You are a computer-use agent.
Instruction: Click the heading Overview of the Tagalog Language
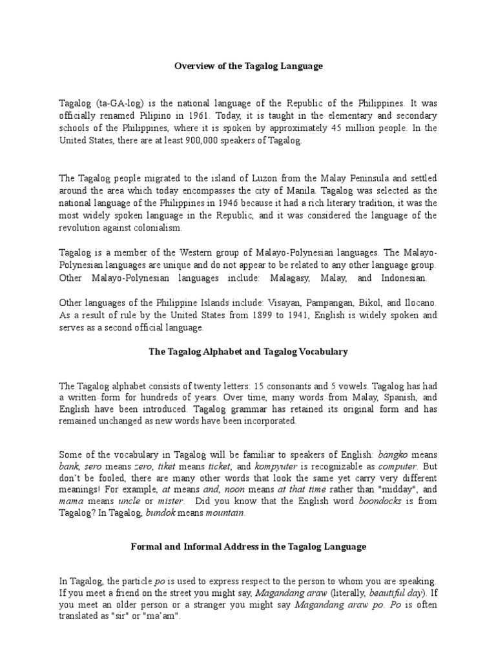point(248,66)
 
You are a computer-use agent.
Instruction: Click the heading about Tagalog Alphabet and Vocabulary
point(248,352)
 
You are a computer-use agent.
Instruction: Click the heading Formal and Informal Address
point(248,547)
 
